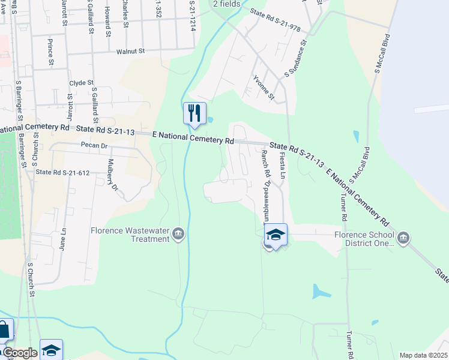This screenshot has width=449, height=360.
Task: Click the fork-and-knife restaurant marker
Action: pos(194,113)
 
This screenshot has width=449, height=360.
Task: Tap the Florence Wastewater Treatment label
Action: pos(130,235)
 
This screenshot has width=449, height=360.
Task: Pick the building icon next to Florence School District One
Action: pos(404,238)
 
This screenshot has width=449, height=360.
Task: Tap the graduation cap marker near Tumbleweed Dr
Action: pos(276,235)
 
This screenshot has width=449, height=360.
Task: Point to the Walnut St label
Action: pos(131,52)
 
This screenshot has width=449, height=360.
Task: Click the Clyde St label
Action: pos(82,83)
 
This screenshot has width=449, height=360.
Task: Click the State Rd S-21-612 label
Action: pos(62,173)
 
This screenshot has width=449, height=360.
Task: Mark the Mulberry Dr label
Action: pos(112,174)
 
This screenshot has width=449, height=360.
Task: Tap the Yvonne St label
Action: pos(264,88)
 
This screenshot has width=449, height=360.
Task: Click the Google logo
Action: pos(19,353)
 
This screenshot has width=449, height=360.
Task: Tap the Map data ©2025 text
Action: pos(423,355)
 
